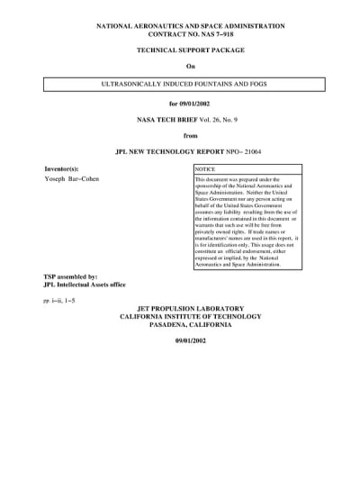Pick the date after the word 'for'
coord(196,104)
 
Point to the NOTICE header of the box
coord(206,169)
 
